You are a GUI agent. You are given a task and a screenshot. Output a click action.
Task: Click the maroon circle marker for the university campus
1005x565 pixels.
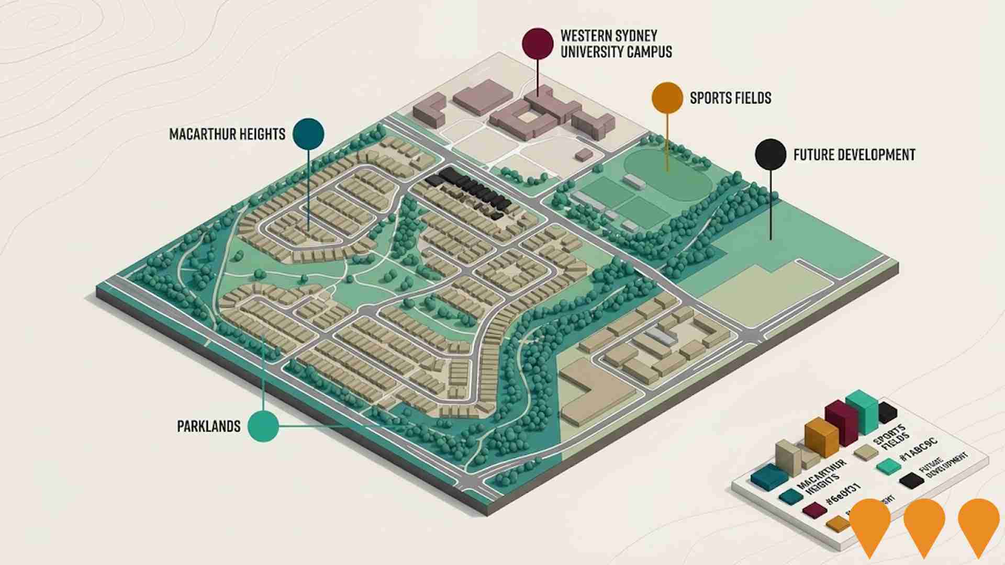538,43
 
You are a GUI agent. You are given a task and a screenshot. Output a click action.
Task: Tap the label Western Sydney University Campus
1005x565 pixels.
616,44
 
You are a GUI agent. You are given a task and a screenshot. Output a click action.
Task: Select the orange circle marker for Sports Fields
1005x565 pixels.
667,98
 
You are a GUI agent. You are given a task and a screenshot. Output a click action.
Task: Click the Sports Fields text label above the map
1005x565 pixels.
730,98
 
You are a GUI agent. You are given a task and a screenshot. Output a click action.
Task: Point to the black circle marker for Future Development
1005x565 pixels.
770,154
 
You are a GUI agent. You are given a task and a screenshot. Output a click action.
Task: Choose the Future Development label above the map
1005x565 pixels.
854,155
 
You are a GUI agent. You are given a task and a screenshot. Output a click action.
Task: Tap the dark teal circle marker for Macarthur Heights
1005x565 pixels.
308,134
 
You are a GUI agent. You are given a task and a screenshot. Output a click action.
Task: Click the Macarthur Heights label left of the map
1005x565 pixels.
227,134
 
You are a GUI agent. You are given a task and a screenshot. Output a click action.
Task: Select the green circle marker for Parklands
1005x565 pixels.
263,426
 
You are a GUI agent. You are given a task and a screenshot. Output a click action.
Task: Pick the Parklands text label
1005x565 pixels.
209,426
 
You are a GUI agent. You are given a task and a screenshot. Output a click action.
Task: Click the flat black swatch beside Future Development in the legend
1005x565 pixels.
911,480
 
